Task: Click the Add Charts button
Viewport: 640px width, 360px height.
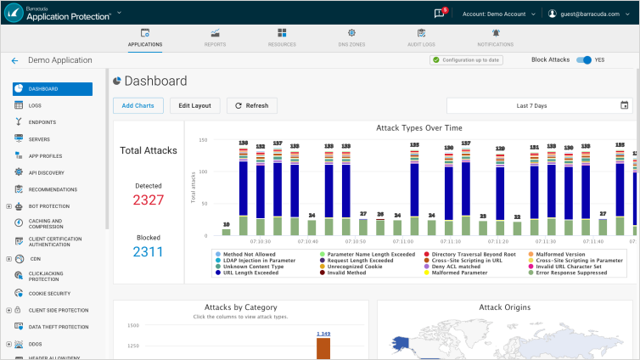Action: coord(138,105)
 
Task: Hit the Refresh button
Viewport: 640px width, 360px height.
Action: coord(251,105)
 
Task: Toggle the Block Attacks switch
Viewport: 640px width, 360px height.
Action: coord(583,60)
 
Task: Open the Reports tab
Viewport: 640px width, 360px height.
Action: coord(216,37)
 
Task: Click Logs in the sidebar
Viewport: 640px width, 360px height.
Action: coord(36,105)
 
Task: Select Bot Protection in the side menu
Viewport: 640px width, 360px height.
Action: coord(48,205)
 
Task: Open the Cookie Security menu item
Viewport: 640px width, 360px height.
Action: coord(48,293)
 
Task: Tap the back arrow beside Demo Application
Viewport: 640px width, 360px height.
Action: coord(14,60)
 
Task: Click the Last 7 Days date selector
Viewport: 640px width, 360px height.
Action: coord(539,105)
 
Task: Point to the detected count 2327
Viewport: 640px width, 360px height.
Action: coord(149,200)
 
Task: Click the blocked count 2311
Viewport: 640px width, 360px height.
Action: coord(149,252)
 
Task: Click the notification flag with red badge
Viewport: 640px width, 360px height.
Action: coord(440,14)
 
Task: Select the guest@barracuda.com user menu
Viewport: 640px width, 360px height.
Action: coord(589,14)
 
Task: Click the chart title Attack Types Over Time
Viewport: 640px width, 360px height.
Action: coord(418,127)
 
